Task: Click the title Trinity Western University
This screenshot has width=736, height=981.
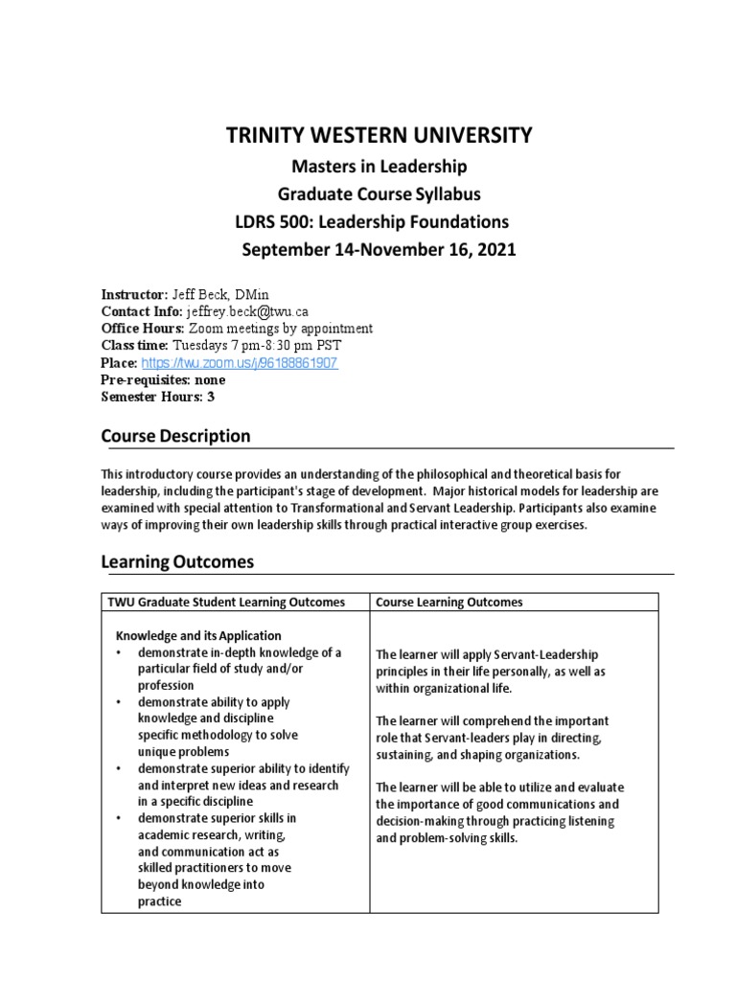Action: [x=378, y=136]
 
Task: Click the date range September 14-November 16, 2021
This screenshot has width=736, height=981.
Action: [x=379, y=250]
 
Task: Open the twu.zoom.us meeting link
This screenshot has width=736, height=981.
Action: [x=240, y=363]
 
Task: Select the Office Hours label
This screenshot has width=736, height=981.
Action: [x=143, y=329]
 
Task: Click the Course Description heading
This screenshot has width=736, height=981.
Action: [x=175, y=437]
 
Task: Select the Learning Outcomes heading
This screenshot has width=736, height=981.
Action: [x=177, y=562]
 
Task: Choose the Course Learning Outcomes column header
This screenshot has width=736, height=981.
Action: [x=449, y=603]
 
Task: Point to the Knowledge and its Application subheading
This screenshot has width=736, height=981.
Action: [x=198, y=636]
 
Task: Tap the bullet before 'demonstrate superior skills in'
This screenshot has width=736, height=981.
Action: [x=118, y=818]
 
